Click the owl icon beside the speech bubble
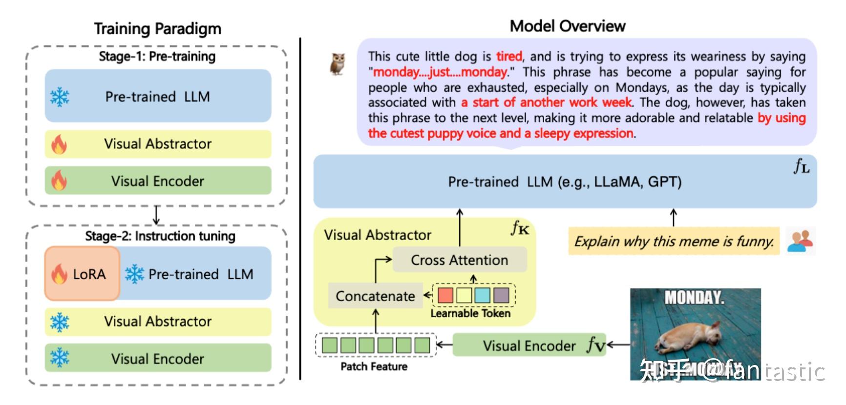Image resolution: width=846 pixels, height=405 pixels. [338, 64]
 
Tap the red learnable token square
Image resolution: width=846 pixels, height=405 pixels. [445, 295]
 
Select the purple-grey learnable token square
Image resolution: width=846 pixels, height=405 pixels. [501, 295]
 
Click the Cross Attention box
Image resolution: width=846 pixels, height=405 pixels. [459, 260]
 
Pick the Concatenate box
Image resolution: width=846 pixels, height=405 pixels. [375, 296]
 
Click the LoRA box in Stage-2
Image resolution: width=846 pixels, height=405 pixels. [82, 274]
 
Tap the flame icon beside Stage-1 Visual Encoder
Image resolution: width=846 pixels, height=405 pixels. [59, 181]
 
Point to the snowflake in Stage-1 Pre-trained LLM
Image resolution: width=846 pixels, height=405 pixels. [60, 97]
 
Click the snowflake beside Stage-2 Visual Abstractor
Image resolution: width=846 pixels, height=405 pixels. [60, 322]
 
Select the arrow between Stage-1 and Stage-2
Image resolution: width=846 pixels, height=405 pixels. [156, 215]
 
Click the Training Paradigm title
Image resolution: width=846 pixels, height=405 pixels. [157, 29]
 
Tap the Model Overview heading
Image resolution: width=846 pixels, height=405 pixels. [567, 26]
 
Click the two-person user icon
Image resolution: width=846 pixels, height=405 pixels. [800, 241]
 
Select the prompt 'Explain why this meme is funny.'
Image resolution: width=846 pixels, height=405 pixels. [674, 241]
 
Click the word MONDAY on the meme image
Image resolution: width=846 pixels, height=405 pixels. [694, 298]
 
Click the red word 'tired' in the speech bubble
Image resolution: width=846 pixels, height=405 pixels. [509, 57]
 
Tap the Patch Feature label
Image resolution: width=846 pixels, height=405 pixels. [374, 366]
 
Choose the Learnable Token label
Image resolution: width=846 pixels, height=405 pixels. [470, 313]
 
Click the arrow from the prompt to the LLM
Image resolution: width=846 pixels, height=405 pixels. [674, 218]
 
